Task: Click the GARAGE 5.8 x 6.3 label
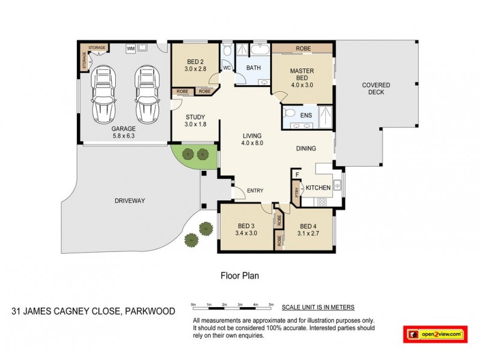coord(123,132)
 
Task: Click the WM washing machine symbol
coord(130,49)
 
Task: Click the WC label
coord(227,68)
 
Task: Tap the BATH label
coord(253,68)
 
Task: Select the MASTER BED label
coord(302,74)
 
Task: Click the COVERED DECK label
coord(376,89)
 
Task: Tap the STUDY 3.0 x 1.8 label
coord(195,121)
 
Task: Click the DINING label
coord(306,149)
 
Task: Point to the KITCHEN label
coord(318,188)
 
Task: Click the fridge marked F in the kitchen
coord(296,175)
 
